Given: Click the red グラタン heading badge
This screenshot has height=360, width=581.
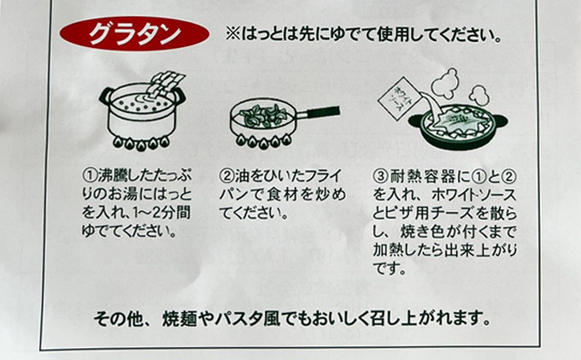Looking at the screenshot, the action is (x=134, y=33).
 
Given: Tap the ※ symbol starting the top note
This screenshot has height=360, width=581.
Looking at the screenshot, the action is (x=233, y=35).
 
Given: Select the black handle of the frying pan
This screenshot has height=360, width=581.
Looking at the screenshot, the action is (x=321, y=111).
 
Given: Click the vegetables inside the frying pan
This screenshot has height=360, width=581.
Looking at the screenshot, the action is (x=261, y=115).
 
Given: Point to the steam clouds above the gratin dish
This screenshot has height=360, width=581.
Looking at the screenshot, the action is (x=459, y=86).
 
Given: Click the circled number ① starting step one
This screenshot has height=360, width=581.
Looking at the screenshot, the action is (x=90, y=176).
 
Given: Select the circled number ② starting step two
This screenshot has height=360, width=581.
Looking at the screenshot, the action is (x=226, y=176).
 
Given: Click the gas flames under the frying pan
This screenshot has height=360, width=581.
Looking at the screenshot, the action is (x=263, y=141).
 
